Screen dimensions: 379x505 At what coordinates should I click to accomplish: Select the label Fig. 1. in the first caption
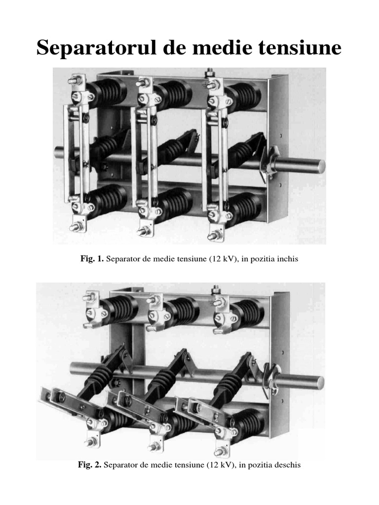click(x=92, y=258)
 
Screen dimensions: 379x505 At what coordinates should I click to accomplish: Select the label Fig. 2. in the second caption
click(x=90, y=465)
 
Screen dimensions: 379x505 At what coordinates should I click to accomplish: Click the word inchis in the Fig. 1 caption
click(x=286, y=259)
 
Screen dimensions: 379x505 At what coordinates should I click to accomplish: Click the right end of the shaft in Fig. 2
click(x=322, y=382)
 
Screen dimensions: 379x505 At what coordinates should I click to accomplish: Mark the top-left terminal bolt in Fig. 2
click(x=89, y=297)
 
